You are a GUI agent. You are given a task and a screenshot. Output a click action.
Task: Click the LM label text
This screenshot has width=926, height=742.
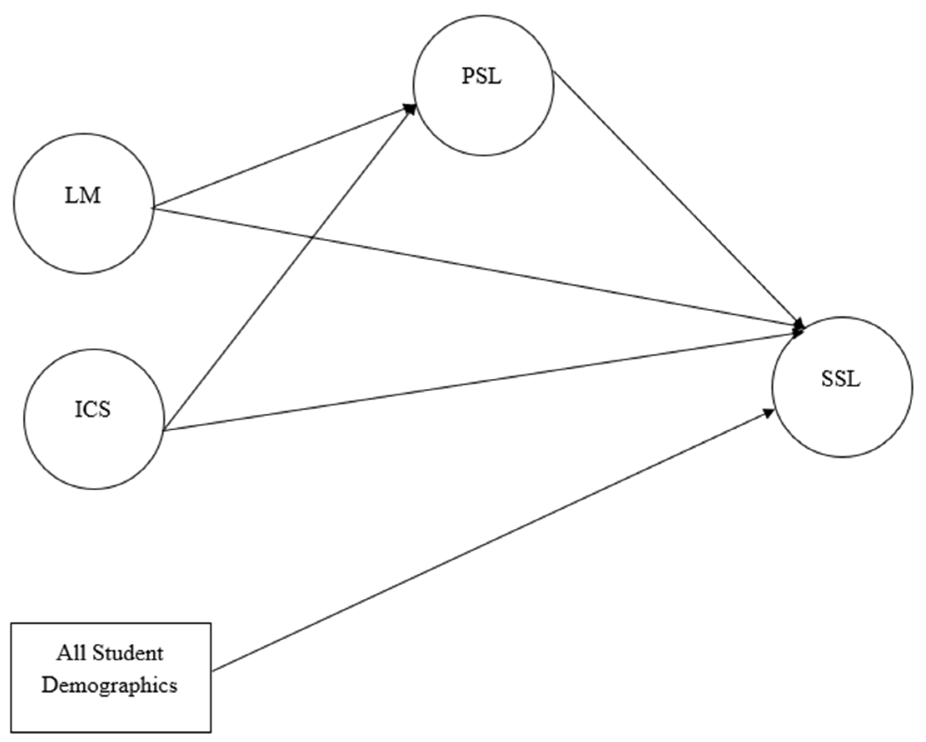pyautogui.click(x=83, y=196)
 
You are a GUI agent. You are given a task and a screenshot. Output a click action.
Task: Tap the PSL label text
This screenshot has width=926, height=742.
pyautogui.click(x=482, y=77)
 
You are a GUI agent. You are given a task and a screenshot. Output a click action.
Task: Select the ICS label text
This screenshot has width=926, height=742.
pyautogui.click(x=93, y=410)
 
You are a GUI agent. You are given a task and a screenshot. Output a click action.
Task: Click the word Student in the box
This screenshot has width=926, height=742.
pyautogui.click(x=128, y=654)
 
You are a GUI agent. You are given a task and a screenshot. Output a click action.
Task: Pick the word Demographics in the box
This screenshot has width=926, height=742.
pyautogui.click(x=110, y=685)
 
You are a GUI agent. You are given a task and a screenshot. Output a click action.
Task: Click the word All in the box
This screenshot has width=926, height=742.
pyautogui.click(x=68, y=654)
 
